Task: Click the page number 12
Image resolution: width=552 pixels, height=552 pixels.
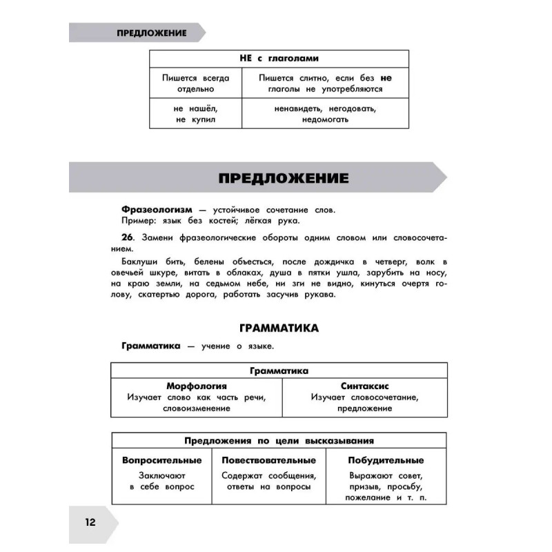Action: (90, 521)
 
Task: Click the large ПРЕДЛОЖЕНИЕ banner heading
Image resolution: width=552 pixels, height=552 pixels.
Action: (284, 178)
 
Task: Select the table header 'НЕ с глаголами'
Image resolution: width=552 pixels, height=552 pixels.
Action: (279, 59)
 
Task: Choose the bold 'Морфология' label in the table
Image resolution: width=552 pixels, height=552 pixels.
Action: (197, 386)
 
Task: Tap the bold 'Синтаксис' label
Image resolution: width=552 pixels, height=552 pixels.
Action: (364, 386)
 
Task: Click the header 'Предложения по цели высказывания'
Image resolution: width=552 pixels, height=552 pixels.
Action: (279, 441)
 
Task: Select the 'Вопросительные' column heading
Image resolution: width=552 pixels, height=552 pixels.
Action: (162, 460)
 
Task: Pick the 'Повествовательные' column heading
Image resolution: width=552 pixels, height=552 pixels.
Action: (269, 460)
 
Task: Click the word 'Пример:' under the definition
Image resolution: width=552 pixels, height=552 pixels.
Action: (136, 221)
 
